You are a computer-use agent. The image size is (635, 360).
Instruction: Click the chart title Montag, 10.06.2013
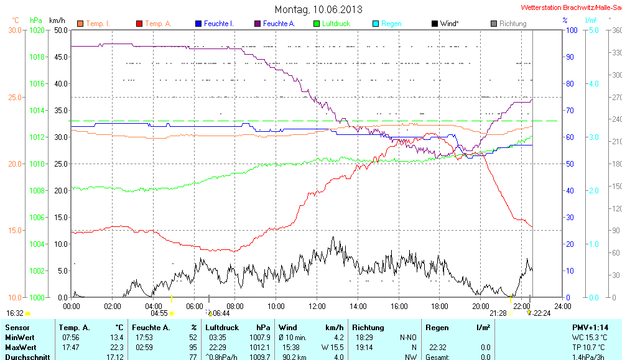pyautogui.click(x=318, y=9)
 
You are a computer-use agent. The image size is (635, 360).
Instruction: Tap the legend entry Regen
pyautogui.click(x=391, y=24)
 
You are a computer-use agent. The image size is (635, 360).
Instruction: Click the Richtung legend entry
pyautogui.click(x=512, y=24)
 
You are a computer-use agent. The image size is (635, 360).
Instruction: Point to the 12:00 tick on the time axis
pyautogui.click(x=317, y=306)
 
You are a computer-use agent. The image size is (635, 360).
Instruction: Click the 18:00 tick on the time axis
pyautogui.click(x=439, y=306)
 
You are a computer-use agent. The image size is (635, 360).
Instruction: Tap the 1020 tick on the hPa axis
pyautogui.click(x=37, y=30)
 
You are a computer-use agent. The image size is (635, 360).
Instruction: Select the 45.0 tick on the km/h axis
pyautogui.click(x=62, y=57)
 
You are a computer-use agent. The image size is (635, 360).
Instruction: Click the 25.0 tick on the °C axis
pyautogui.click(x=14, y=97)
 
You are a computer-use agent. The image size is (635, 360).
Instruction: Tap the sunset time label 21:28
pyautogui.click(x=498, y=313)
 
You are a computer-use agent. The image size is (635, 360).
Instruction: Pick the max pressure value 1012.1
pyautogui.click(x=259, y=347)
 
